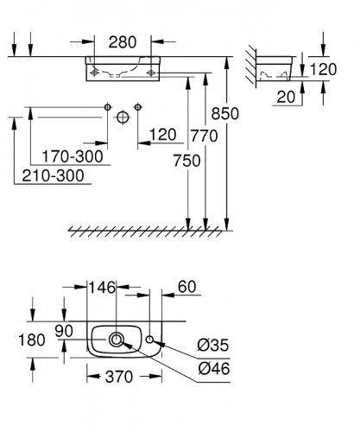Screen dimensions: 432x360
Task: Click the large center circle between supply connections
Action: tap(122, 115)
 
